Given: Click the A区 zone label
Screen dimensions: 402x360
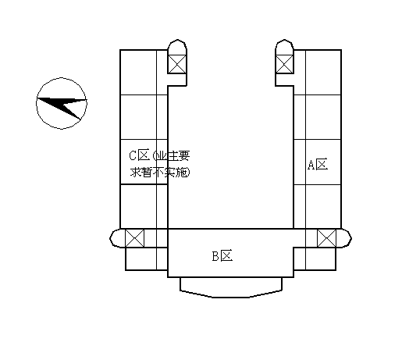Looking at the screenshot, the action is (x=318, y=165).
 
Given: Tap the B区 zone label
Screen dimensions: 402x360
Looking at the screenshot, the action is (x=222, y=256).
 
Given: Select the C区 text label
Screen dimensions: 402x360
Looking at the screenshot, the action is (x=140, y=155).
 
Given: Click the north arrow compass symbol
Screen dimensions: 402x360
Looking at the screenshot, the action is (x=62, y=103).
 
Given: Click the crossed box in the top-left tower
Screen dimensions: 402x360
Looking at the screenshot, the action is (x=177, y=64).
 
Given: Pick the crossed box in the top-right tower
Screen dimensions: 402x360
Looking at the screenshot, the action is (x=284, y=64).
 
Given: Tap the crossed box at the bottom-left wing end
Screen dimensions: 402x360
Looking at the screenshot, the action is (x=134, y=238).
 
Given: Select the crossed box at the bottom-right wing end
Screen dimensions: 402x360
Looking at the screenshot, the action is (x=326, y=238).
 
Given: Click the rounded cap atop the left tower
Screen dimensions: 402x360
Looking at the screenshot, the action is (x=177, y=47).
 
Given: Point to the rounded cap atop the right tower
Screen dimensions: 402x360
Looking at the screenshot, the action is (x=284, y=47).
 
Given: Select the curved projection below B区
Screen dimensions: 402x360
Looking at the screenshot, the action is (x=231, y=287).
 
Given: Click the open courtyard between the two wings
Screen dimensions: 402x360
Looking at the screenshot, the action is (x=231, y=156).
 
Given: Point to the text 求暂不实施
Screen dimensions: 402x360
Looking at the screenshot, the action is (x=160, y=173).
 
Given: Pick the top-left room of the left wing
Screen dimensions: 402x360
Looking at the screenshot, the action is (x=138, y=73).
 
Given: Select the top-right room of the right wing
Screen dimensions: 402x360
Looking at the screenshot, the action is (x=323, y=73).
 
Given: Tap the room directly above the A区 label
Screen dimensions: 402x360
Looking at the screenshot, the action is (x=323, y=117).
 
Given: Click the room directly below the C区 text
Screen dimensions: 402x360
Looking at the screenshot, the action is (x=138, y=206).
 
